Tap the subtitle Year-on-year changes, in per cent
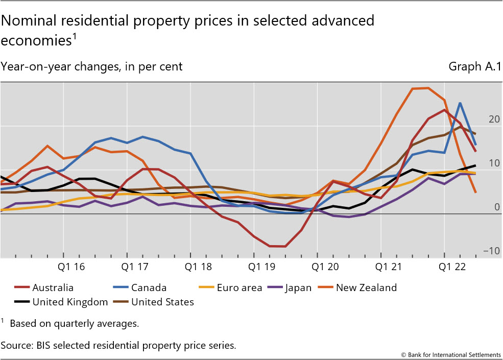pos(92,66)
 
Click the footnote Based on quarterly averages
pos(74,323)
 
